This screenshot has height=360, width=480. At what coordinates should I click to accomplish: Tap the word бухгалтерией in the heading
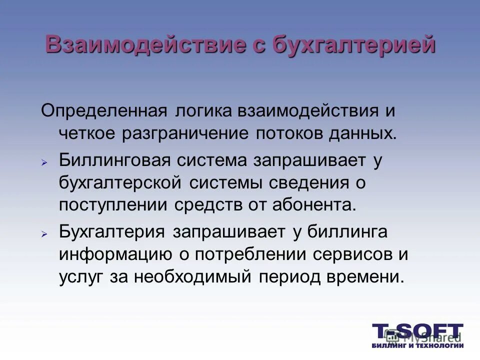(x=353, y=45)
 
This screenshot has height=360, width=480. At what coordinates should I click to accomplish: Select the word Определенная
(x=103, y=110)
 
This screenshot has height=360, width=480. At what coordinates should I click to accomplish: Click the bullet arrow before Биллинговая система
(x=44, y=162)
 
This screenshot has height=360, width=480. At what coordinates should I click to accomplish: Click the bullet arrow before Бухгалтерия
(x=44, y=233)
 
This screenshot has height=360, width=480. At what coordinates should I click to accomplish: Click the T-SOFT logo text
(x=418, y=331)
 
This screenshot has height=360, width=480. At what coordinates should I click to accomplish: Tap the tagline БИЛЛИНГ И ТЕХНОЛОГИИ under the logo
(x=418, y=345)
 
